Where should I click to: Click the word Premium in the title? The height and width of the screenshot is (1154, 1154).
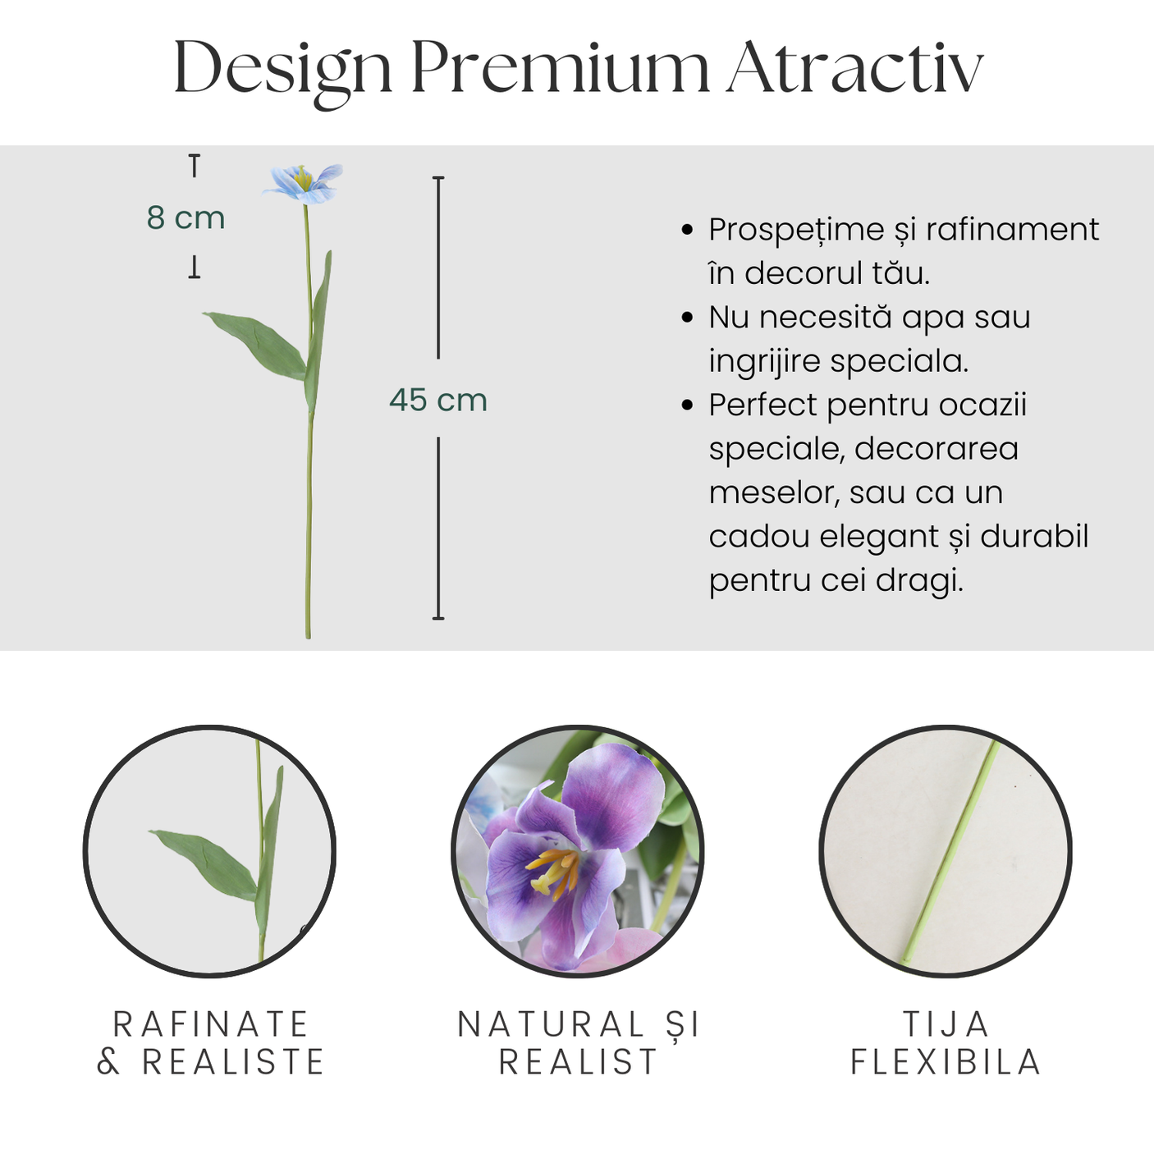561,67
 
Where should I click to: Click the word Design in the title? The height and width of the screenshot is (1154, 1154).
282,73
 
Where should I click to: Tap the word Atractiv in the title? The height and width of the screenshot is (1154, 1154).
855,67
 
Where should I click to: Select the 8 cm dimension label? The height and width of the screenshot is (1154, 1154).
185,218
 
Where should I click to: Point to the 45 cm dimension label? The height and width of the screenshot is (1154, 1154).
438,400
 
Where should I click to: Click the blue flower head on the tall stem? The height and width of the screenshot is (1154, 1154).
302,184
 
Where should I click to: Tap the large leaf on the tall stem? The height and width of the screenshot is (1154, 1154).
256,345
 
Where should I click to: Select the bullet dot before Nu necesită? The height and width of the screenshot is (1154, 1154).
687,318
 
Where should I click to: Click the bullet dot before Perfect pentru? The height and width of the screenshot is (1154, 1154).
687,405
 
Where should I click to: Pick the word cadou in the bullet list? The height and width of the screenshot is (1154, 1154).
758,537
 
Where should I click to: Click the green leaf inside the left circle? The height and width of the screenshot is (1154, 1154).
205,863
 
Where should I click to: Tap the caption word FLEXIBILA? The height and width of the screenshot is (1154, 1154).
946,1062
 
